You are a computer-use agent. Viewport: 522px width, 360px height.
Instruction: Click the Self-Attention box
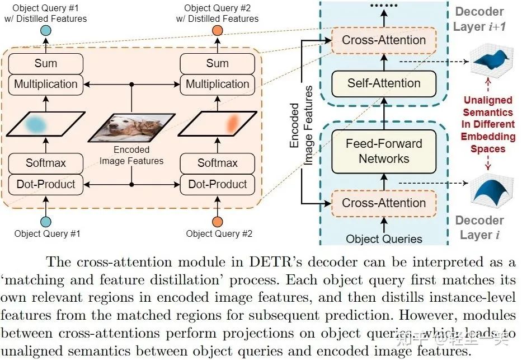tap(384, 83)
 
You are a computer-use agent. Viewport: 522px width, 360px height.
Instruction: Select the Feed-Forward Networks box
tap(384, 151)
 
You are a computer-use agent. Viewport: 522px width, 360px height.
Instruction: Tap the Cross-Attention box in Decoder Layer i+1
tap(384, 40)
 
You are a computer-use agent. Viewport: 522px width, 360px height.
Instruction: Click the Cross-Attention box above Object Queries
tap(384, 203)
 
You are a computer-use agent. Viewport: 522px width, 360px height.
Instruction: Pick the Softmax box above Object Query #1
tap(46, 163)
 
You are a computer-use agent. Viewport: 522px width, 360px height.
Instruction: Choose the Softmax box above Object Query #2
tap(218, 163)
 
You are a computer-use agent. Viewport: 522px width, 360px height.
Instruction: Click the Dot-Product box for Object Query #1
tap(46, 184)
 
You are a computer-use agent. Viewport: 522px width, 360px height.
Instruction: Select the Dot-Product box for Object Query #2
tap(218, 184)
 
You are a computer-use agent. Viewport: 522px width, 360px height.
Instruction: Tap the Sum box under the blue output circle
tap(46, 63)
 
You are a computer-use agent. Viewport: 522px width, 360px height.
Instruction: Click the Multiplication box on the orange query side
tap(218, 84)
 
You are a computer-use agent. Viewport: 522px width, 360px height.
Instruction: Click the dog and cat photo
tap(131, 127)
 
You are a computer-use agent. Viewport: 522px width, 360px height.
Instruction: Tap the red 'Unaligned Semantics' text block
tap(488, 124)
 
